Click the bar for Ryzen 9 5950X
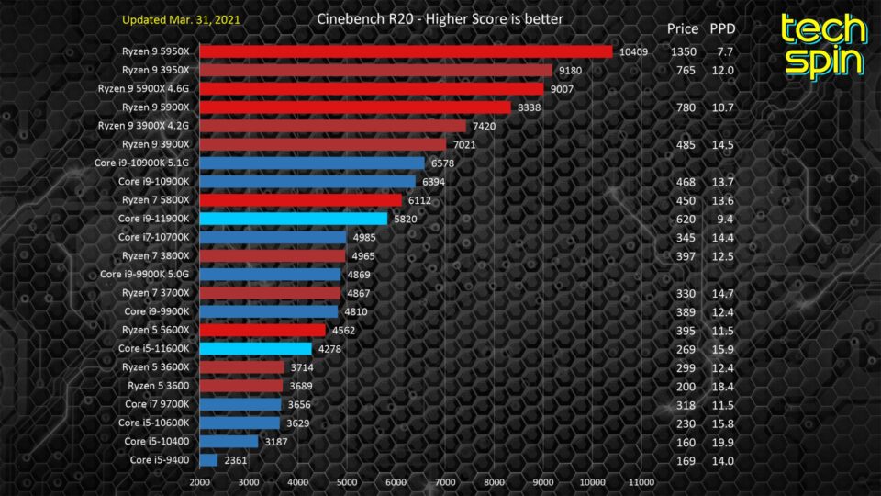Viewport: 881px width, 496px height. (x=406, y=51)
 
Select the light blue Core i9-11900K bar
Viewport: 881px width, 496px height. (x=294, y=219)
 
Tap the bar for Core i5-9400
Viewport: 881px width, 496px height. (x=208, y=459)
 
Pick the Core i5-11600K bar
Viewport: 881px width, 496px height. (x=256, y=348)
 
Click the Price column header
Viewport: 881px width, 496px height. (x=684, y=28)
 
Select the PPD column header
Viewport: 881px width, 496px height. (x=723, y=28)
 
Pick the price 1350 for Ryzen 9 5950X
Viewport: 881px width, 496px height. (x=684, y=51)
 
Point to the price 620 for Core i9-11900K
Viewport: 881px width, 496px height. (x=684, y=219)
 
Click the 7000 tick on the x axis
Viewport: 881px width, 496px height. (x=445, y=482)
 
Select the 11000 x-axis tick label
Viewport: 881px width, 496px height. (x=642, y=482)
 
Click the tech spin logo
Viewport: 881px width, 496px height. (x=823, y=45)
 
